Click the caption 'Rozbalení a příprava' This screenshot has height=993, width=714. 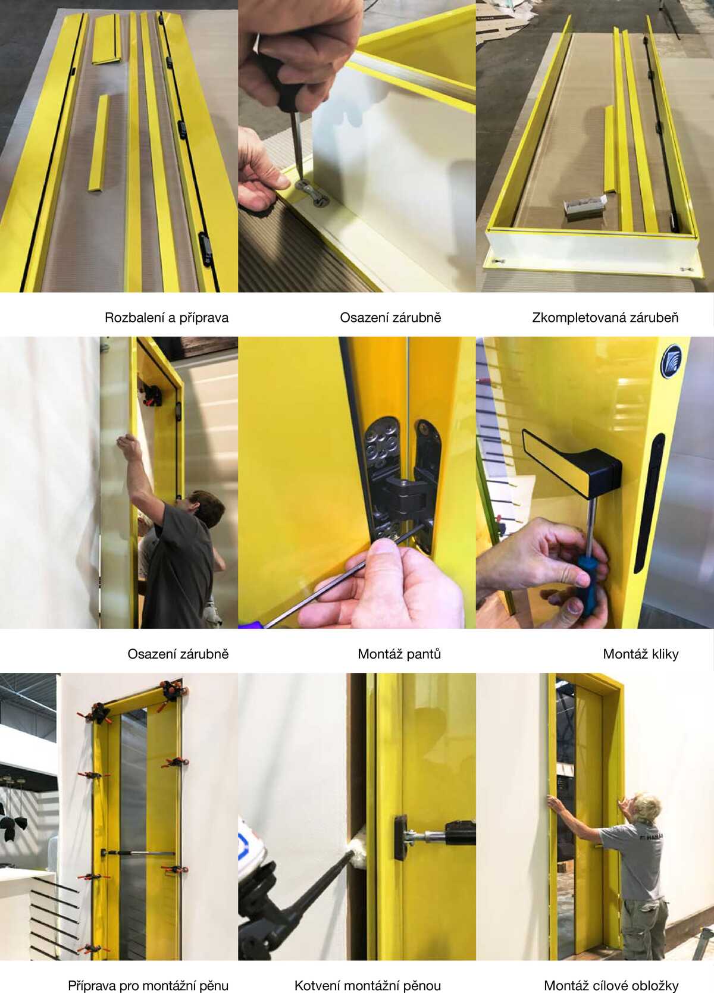pos(167,318)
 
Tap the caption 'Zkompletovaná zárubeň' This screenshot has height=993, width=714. pos(606,318)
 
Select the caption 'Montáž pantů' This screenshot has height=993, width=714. pos(399,654)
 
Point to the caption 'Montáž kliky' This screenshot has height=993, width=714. pos(641,654)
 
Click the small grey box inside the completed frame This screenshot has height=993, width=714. pos(584,205)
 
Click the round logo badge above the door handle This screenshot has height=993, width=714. pos(672,362)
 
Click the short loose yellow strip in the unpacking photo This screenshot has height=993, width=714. pos(98,143)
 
